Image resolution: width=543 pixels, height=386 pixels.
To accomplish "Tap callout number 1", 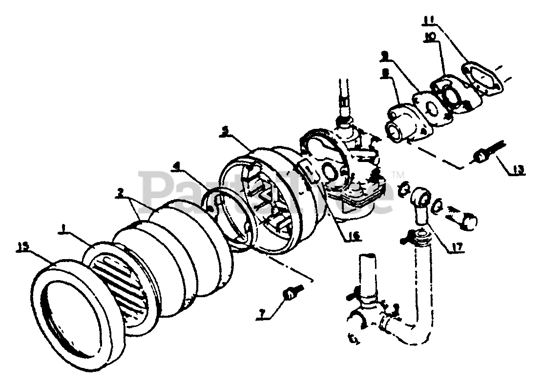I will pos(63,227).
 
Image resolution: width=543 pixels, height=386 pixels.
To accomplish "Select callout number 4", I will pos(176,166).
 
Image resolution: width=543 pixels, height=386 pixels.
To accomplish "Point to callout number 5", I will pos(224,131).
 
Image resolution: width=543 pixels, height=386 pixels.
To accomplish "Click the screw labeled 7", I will pos(292,293).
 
